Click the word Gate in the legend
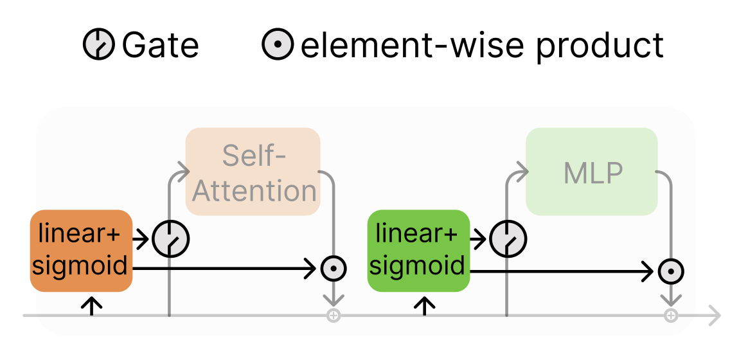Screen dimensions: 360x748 160,45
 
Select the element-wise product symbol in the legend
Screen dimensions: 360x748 278,45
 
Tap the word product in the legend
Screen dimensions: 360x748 600,45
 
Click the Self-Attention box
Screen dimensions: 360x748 253,172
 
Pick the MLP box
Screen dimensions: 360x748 592,172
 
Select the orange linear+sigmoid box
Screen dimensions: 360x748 81,251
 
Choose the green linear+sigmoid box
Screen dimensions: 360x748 418,251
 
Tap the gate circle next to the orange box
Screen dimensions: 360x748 171,239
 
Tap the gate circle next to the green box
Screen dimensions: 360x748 508,239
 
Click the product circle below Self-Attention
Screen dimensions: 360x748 334,269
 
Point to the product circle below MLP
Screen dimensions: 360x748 671,271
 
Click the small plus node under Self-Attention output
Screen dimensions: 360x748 334,316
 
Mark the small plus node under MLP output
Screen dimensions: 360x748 671,316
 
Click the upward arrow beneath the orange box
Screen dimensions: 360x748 93,305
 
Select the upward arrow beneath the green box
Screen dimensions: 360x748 424,305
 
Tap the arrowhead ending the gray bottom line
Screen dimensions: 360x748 715,316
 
